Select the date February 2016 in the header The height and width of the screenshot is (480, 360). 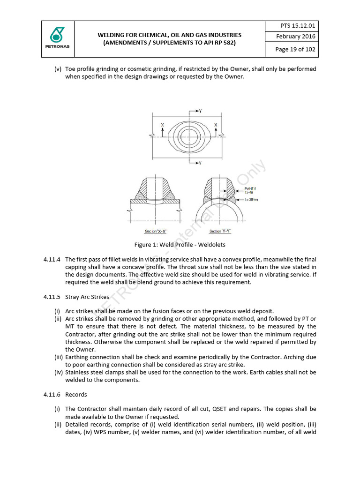pos(296,37)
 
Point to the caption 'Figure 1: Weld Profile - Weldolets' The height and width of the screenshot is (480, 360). pos(180,245)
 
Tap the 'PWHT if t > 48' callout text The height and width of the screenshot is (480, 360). pos(251,189)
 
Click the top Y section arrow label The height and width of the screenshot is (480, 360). pos(200,111)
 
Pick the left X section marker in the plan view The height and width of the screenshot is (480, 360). pos(162,126)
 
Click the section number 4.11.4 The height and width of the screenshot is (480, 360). pos(52,259)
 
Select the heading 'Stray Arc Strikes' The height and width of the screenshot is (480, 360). pos(87,297)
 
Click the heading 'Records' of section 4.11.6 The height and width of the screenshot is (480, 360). pos(76,394)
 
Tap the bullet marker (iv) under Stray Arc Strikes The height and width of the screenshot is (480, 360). pos(59,372)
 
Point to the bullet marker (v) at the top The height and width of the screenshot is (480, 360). pos(58,69)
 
